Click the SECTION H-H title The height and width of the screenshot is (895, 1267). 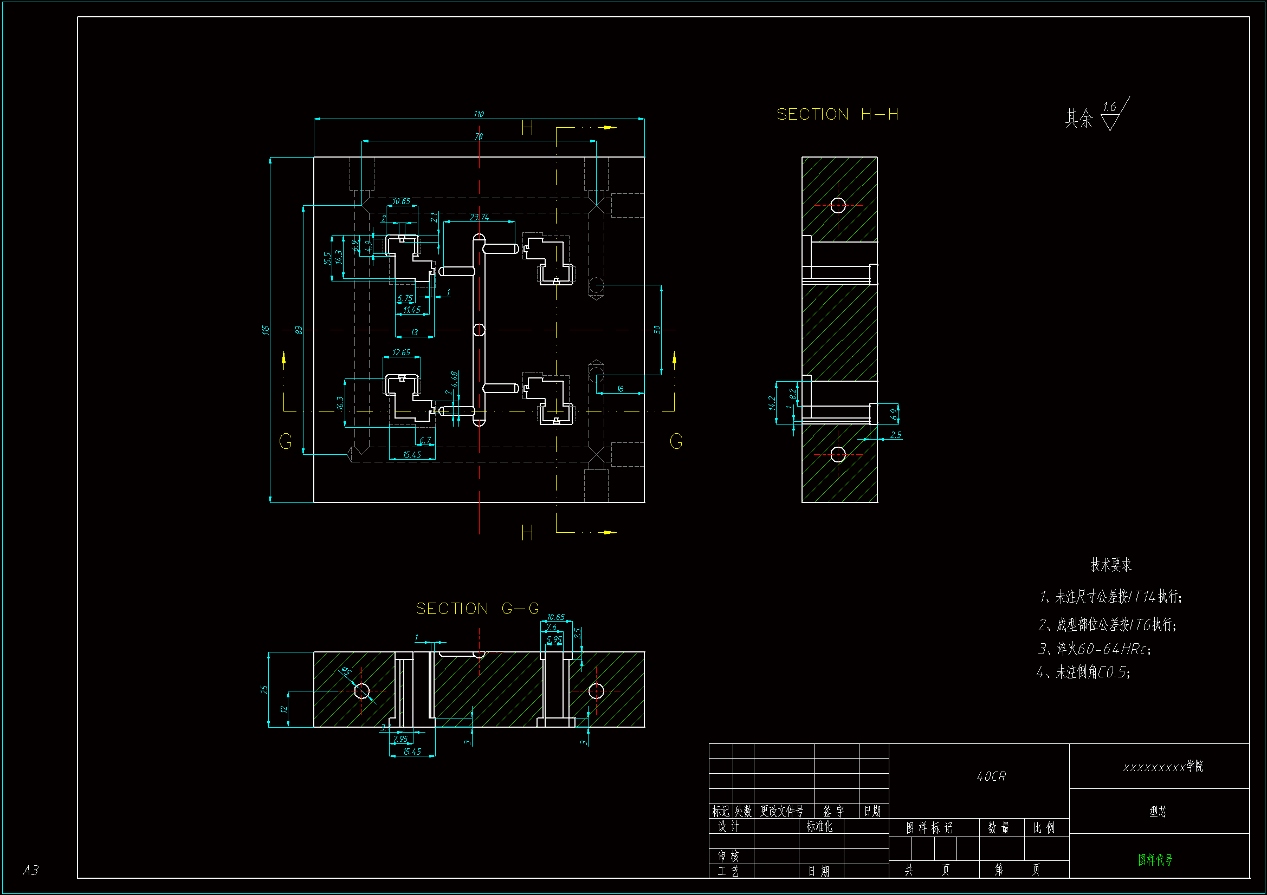(x=837, y=114)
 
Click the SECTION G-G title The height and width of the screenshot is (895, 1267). (x=477, y=608)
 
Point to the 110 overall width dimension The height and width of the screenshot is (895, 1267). (x=479, y=114)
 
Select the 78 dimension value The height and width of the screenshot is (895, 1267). (x=479, y=136)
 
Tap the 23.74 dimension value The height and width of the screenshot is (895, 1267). (x=479, y=217)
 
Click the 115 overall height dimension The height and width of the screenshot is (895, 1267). (x=266, y=330)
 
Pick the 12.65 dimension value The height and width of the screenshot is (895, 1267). (x=401, y=352)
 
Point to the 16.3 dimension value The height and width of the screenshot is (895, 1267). (x=340, y=403)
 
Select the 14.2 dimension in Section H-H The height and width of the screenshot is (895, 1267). (x=772, y=403)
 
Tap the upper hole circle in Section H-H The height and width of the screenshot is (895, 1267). (x=838, y=205)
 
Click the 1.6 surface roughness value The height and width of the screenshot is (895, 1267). (x=1109, y=107)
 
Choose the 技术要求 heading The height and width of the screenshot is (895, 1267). (x=1110, y=565)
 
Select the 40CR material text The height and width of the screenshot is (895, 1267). (x=991, y=776)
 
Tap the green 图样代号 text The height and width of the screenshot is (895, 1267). (x=1154, y=859)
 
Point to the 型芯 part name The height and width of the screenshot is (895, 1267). (x=1158, y=811)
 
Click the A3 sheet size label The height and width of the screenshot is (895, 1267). (x=31, y=870)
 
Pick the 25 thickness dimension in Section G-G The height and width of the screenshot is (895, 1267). (x=264, y=689)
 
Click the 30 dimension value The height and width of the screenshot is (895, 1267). (x=657, y=329)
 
